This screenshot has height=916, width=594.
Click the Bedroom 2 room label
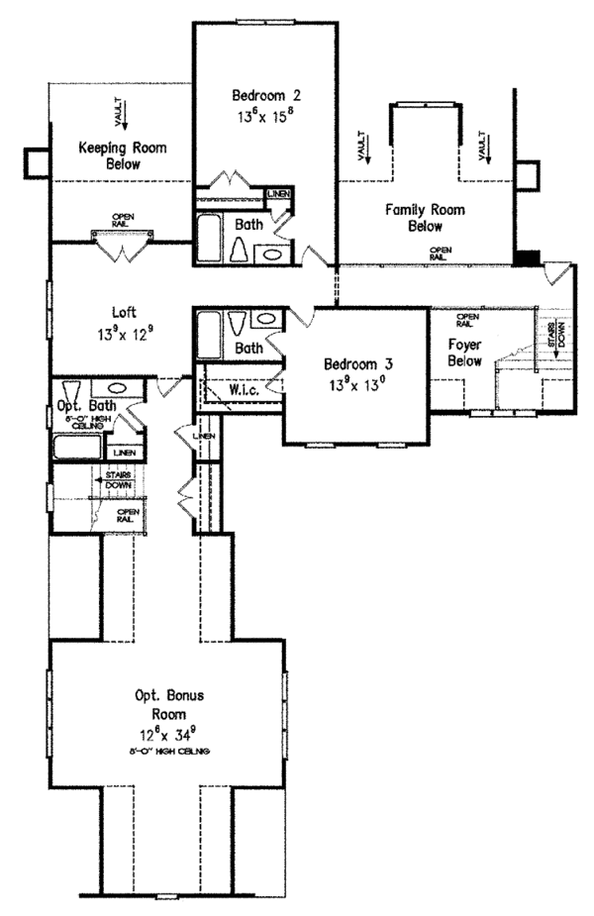tap(265, 96)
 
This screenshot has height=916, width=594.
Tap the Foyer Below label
tap(463, 354)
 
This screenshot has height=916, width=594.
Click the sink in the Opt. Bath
tap(115, 388)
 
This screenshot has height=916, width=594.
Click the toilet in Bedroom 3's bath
tap(235, 322)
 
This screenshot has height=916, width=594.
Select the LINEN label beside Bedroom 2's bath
tap(277, 194)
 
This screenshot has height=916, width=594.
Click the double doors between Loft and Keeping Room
tap(123, 245)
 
